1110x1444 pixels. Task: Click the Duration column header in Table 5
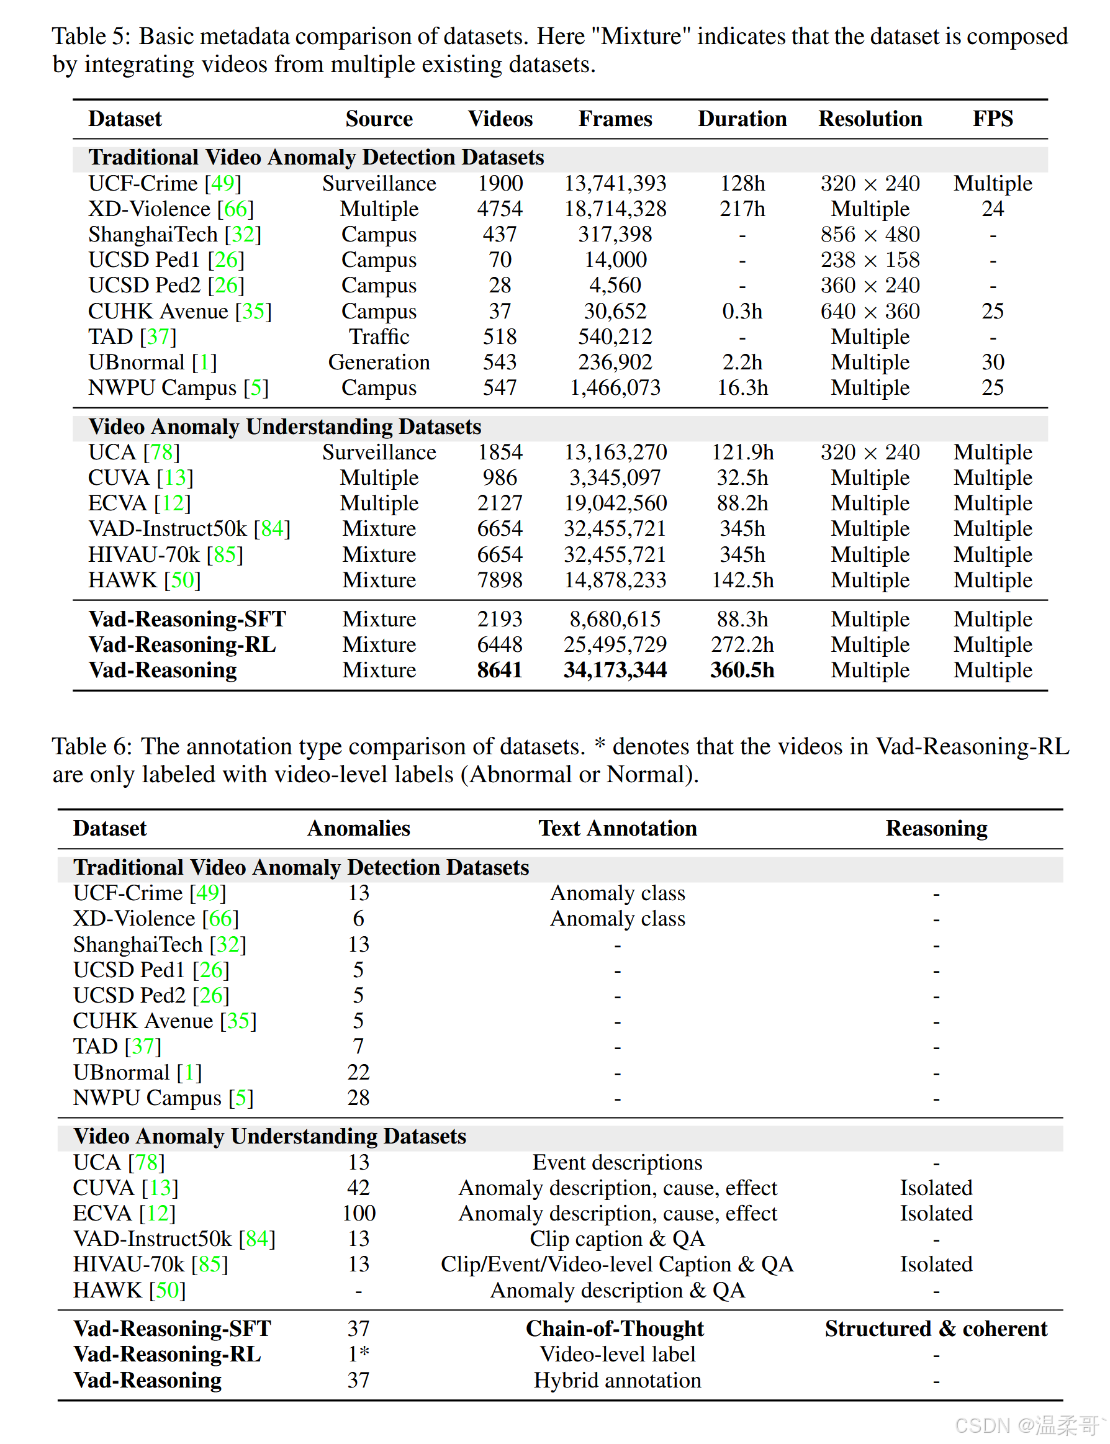742,119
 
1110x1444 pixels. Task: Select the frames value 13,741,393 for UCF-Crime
615,184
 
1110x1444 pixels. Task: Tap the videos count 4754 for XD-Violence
500,209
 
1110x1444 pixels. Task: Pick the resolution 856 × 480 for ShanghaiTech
870,235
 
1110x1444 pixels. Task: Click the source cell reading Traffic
379,337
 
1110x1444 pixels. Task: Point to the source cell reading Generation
379,363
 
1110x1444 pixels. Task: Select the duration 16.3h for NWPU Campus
742,388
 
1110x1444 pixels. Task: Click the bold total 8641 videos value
500,670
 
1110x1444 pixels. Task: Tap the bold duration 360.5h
742,670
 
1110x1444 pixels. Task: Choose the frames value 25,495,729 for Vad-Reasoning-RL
615,645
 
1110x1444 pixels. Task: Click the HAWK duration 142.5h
742,580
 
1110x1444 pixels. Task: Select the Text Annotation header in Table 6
617,828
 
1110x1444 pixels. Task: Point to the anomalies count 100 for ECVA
359,1214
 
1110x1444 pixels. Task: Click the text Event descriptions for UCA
617,1163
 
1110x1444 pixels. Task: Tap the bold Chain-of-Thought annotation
615,1329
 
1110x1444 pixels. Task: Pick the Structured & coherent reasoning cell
936,1329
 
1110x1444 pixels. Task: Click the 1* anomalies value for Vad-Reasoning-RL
359,1355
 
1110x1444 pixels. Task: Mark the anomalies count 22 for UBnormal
359,1072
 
